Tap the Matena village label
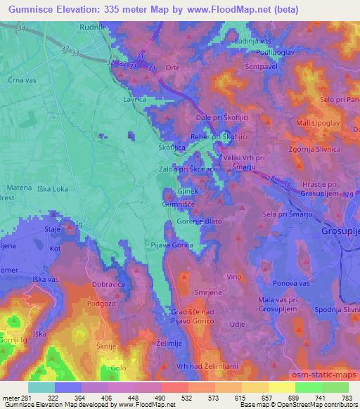pyautogui.click(x=19, y=188)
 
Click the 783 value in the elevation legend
pyautogui.click(x=347, y=397)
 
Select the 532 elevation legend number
pyautogui.click(x=186, y=397)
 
